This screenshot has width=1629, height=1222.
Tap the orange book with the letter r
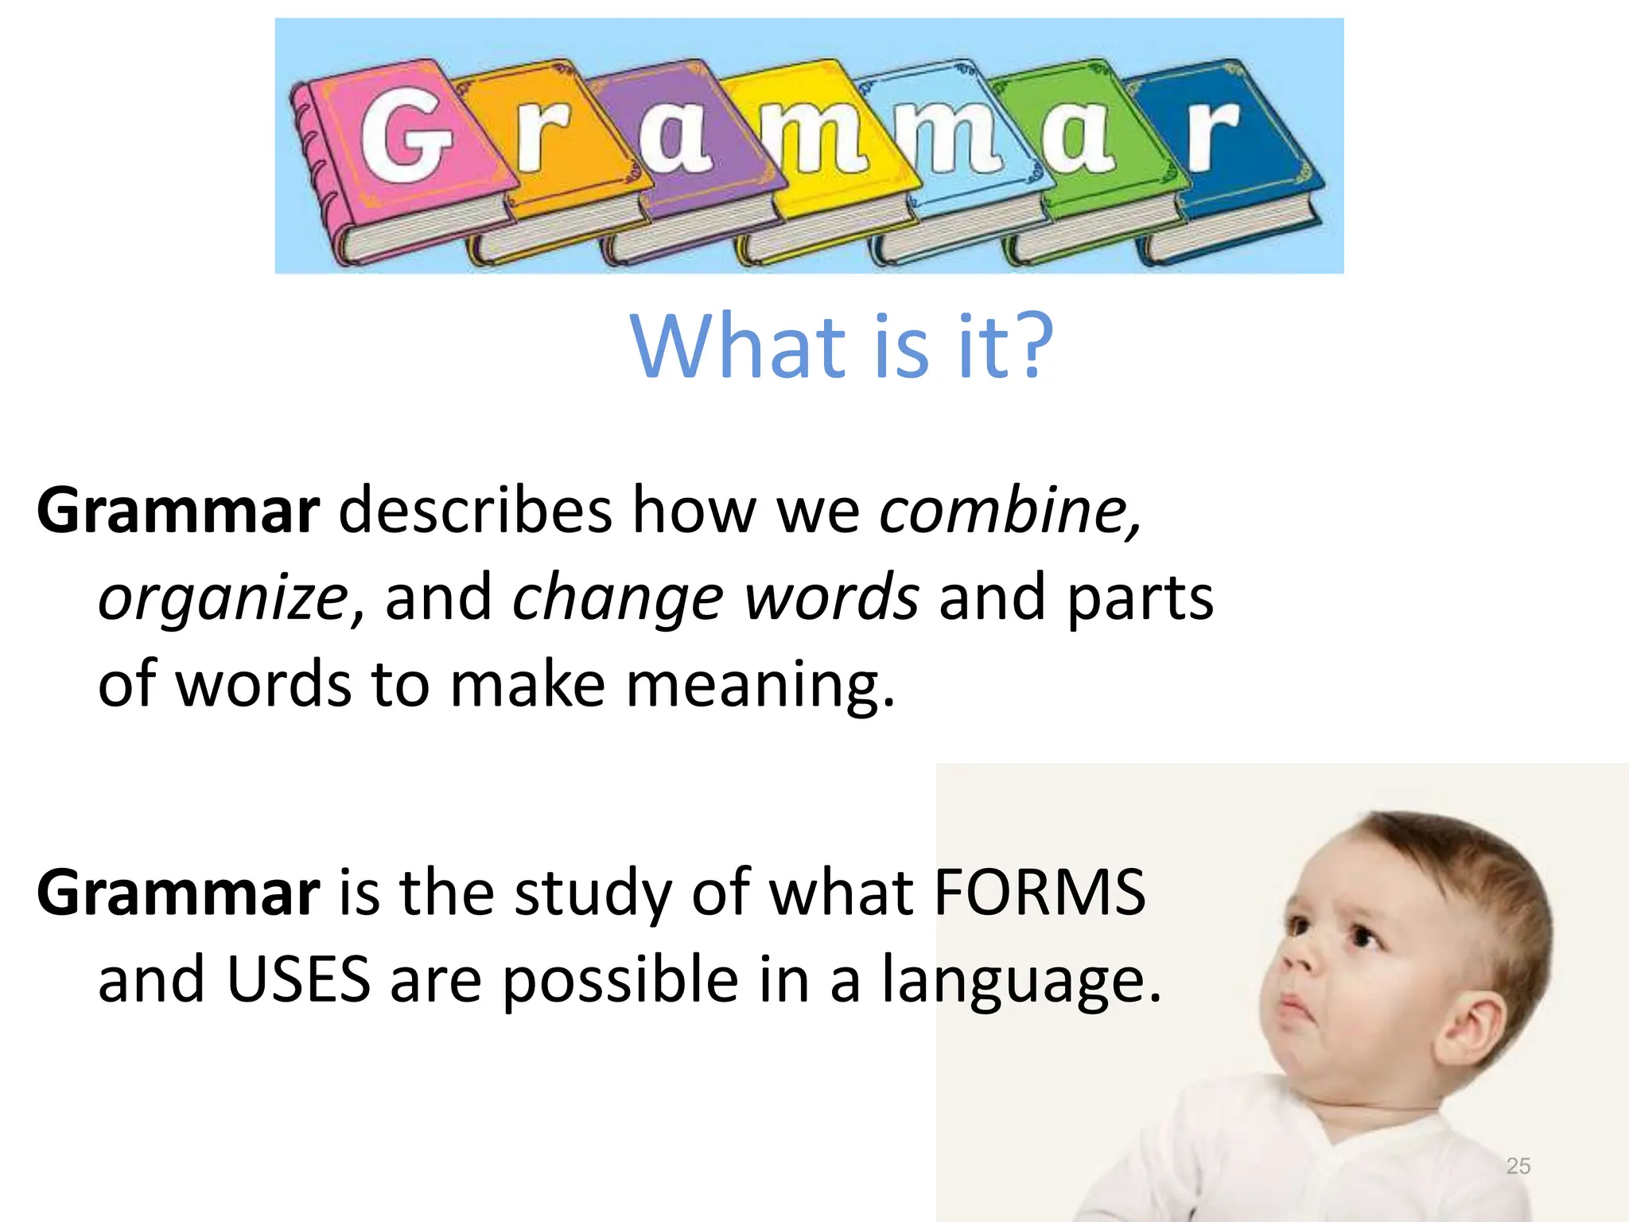tap(549, 143)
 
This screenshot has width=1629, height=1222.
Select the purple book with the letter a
tap(676, 139)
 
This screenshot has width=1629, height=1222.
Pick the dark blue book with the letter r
tap(1217, 139)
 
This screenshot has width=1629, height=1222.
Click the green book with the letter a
tap(1082, 139)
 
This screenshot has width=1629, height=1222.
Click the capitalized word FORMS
tap(1040, 893)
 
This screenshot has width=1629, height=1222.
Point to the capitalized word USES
tap(299, 979)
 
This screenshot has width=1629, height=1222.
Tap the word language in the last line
tap(1021, 981)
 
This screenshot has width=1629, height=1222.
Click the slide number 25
tap(1518, 1166)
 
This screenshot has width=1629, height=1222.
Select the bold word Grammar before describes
tap(178, 511)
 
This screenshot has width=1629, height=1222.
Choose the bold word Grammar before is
tap(178, 893)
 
